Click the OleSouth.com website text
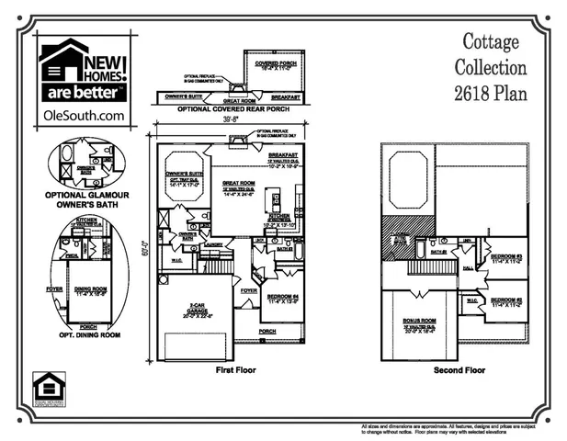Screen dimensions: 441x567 84,116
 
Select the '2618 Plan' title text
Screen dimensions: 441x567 491,94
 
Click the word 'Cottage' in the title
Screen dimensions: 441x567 491,42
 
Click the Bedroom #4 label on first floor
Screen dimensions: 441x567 280,298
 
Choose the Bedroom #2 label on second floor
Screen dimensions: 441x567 506,300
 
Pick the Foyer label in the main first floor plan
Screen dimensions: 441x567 249,289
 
